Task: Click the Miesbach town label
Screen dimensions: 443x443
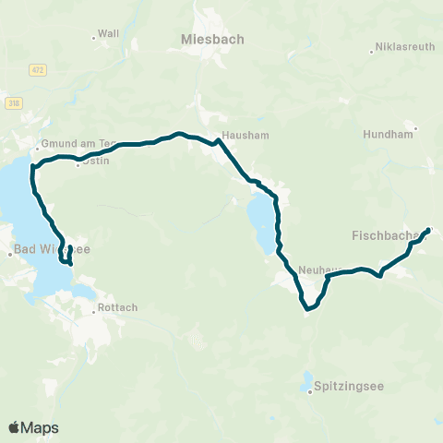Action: click(212, 41)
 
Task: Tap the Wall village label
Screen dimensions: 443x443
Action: click(109, 33)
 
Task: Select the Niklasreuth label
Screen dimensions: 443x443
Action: click(404, 48)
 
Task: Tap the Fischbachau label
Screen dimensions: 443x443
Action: click(386, 236)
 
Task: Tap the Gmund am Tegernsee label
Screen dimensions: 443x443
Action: click(75, 145)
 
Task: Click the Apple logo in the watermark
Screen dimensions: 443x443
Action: click(14, 427)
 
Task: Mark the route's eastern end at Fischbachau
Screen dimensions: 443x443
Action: click(428, 229)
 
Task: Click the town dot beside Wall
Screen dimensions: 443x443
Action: click(94, 38)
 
